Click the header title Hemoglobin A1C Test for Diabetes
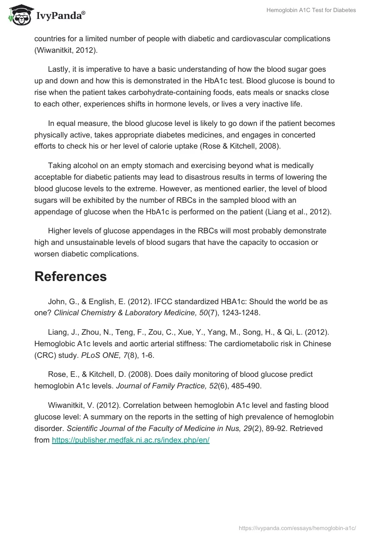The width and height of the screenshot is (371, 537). [x=311, y=10]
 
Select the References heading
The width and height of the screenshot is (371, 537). [x=70, y=276]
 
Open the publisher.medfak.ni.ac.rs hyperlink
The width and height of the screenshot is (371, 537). [x=131, y=440]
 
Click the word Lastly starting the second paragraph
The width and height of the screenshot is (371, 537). [x=60, y=69]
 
